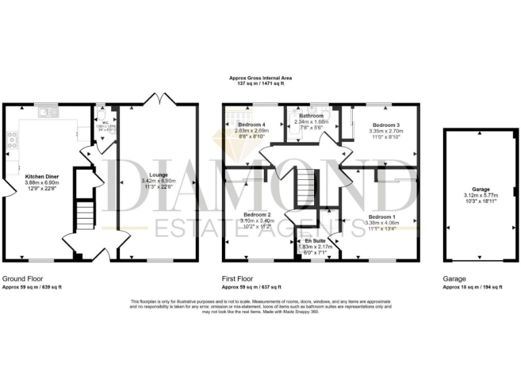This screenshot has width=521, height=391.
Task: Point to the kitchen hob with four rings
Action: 12,141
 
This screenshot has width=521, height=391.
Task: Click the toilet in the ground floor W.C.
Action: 100,115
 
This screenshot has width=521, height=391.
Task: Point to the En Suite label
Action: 313,241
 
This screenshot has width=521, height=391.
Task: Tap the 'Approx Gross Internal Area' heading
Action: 260,79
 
